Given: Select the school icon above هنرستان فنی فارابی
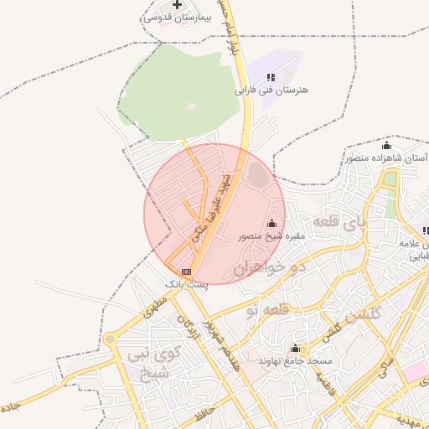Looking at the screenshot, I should (271, 77).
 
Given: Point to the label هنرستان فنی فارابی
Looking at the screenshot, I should (271, 89).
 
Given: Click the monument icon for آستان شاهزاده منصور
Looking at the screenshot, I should (386, 147).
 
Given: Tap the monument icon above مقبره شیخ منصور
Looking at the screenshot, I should (271, 224).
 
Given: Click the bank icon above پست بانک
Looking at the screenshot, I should (185, 271).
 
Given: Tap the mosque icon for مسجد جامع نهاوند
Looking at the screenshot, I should (295, 348).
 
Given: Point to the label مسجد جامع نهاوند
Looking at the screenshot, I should (296, 360).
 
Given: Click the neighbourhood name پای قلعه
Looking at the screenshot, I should (339, 223).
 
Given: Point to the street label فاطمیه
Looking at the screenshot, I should (325, 382).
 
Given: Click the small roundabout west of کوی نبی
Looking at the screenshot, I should (110, 339).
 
